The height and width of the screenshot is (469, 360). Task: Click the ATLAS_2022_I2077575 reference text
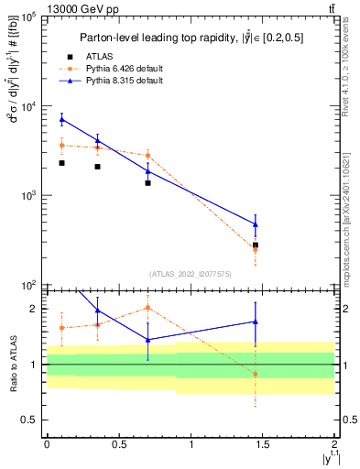click(x=191, y=274)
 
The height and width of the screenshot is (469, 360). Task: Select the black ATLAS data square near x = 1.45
click(x=256, y=245)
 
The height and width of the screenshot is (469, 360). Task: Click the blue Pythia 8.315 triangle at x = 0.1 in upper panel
click(x=61, y=119)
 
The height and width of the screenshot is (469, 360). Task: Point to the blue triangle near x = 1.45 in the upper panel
click(x=256, y=224)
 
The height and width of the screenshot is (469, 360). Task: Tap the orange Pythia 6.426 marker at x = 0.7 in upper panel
click(x=147, y=155)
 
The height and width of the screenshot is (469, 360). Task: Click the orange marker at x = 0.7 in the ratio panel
click(x=147, y=308)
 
